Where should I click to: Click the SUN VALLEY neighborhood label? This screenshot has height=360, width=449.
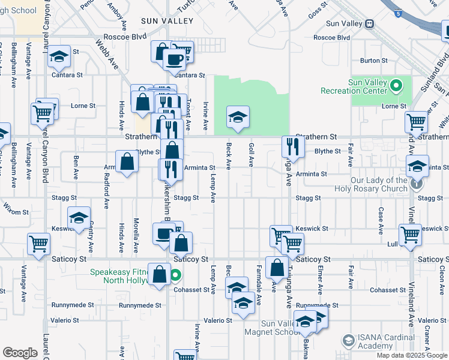pyautogui.click(x=167, y=21)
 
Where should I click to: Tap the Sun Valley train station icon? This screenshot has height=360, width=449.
pyautogui.click(x=370, y=24)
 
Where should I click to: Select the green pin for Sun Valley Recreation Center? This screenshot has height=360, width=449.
pyautogui.click(x=395, y=86)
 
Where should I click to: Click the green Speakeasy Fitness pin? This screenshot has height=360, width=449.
pyautogui.click(x=175, y=276)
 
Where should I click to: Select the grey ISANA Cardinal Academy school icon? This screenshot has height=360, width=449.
pyautogui.click(x=348, y=341)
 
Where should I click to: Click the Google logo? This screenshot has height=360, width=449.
pyautogui.click(x=20, y=353)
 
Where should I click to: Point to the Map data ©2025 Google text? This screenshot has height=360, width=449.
pyautogui.click(x=412, y=355)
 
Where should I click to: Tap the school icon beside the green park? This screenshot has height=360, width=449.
pyautogui.click(x=238, y=116)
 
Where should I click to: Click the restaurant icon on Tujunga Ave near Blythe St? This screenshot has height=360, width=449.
pyautogui.click(x=293, y=145)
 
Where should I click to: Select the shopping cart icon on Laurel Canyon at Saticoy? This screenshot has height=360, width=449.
pyautogui.click(x=38, y=244)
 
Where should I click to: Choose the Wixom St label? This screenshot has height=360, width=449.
pyautogui.click(x=16, y=212)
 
